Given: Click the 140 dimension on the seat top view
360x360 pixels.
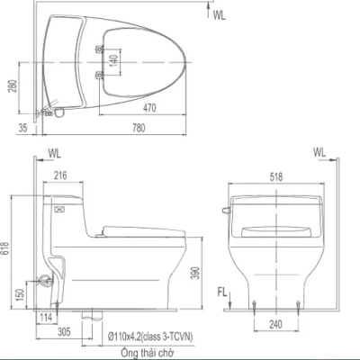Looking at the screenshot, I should coord(113,60).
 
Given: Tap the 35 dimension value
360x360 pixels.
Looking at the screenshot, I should coord(22,127).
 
